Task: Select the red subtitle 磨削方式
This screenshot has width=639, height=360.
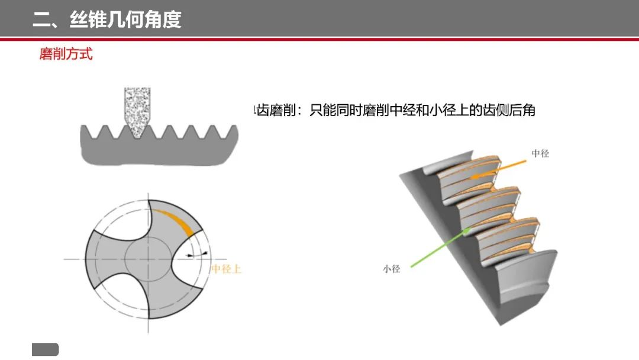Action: coord(66,54)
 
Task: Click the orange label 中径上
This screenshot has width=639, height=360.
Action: coord(226,269)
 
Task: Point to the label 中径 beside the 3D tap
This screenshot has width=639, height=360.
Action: coord(540,154)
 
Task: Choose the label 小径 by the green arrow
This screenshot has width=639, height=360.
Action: coord(392,269)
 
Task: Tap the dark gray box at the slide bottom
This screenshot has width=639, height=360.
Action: coord(45,349)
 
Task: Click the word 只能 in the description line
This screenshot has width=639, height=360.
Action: coord(322,110)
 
